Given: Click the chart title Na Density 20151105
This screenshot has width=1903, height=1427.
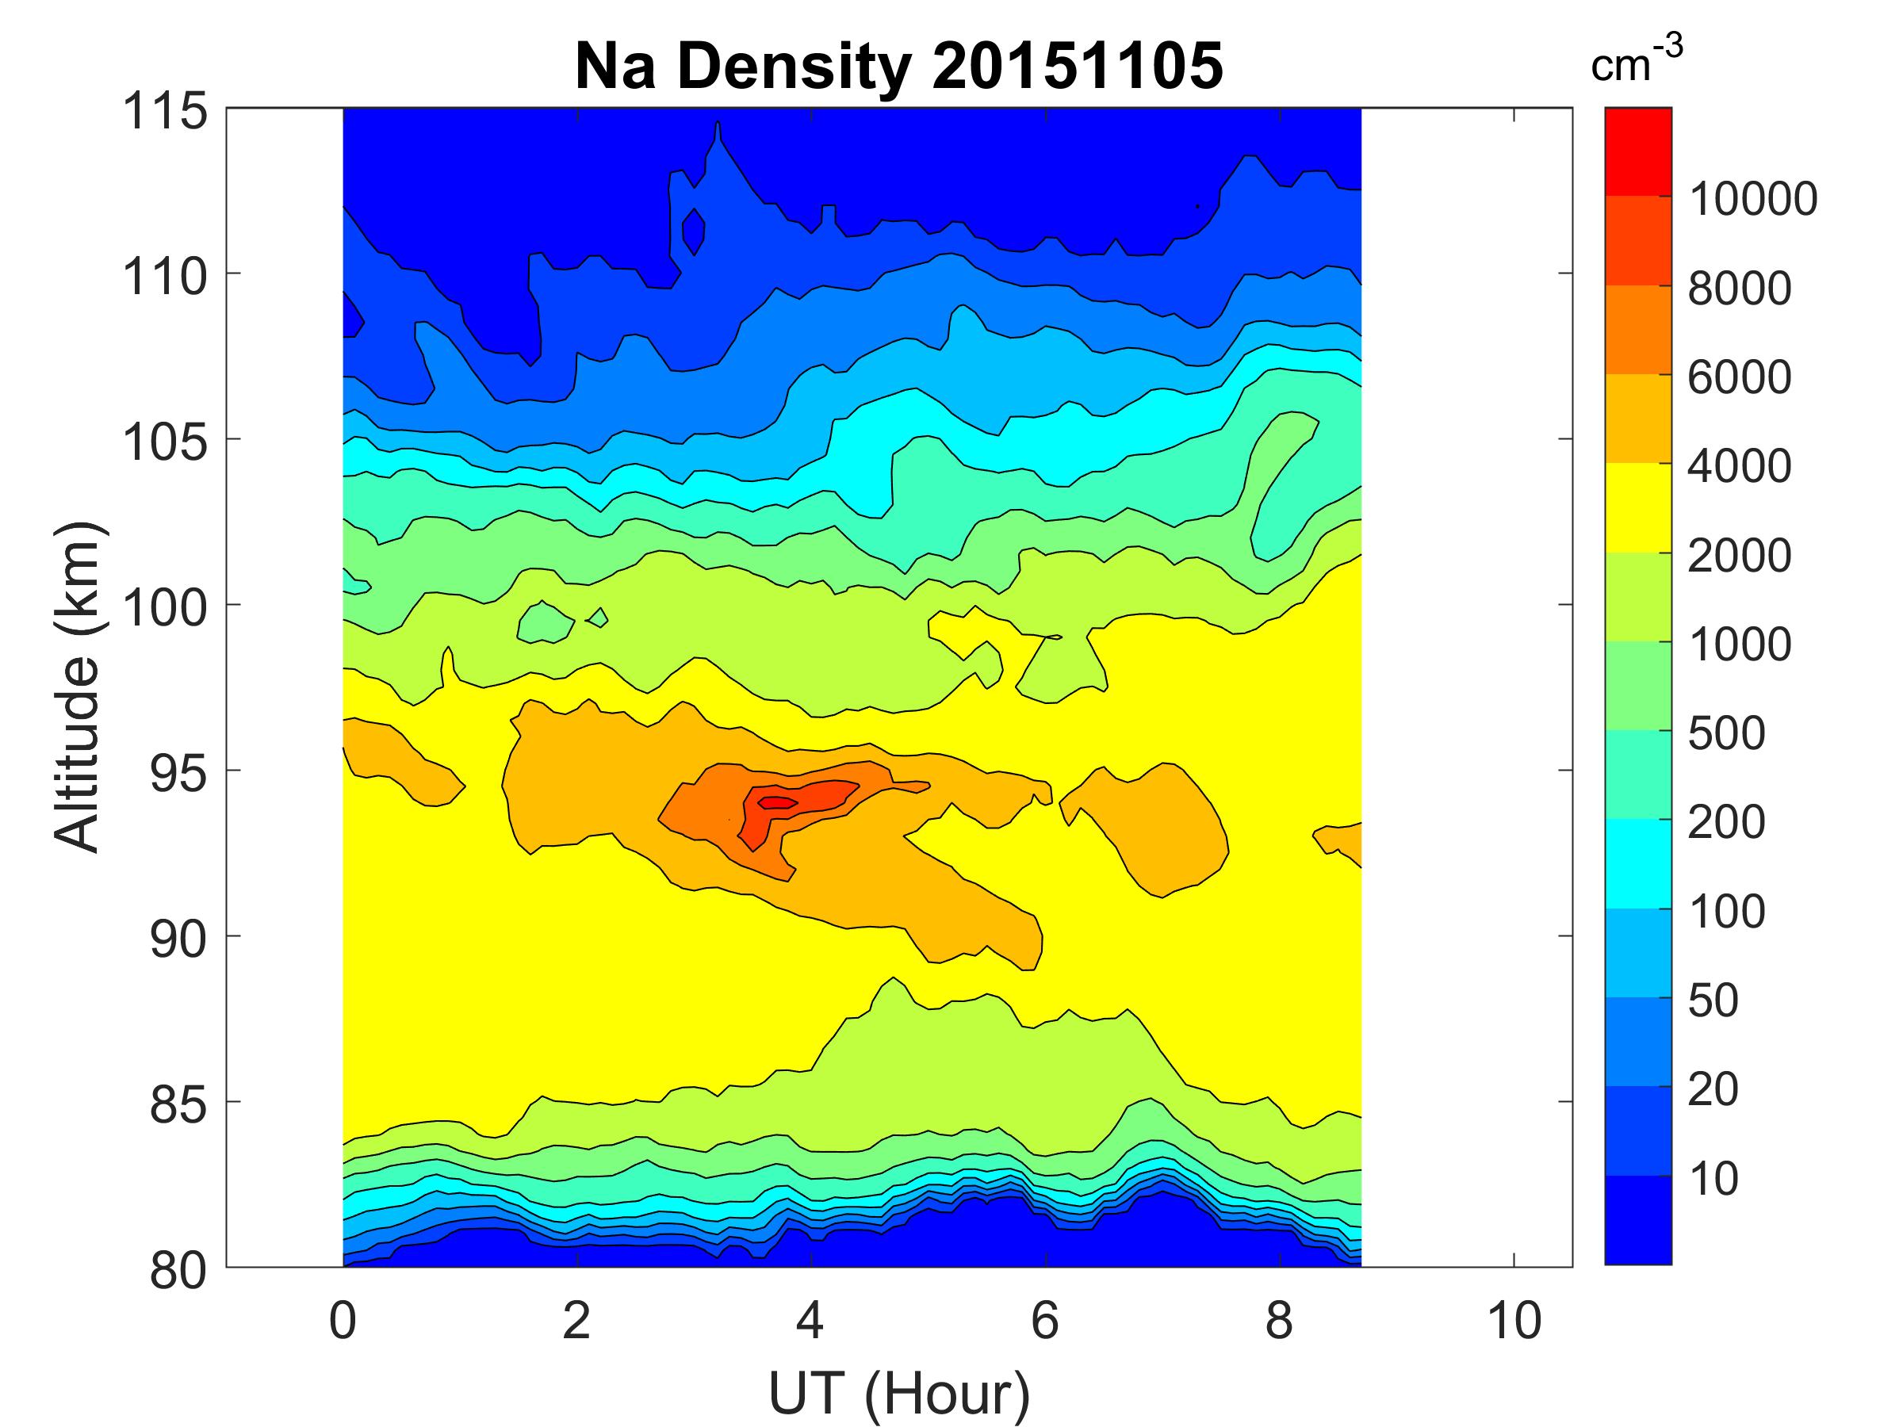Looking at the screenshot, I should (x=898, y=67).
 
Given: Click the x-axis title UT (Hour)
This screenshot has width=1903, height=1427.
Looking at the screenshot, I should (x=898, y=1394).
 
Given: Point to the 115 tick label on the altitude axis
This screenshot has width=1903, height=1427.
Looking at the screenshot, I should (x=165, y=112).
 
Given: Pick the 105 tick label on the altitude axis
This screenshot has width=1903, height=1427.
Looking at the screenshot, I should (x=165, y=442).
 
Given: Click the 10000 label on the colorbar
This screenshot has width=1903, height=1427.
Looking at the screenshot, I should (x=1752, y=200).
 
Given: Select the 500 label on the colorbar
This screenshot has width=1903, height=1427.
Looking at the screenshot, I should (x=1725, y=733).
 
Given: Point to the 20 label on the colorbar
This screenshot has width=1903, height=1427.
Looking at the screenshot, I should (x=1713, y=1090).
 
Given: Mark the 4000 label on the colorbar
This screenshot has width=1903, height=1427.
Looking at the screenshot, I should (x=1739, y=466).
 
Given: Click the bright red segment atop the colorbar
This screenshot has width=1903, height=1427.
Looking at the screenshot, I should (x=1637, y=151).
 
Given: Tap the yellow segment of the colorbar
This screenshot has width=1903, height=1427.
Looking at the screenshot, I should (x=1637, y=507).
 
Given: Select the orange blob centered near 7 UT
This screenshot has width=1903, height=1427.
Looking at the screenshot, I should (x=1157, y=826).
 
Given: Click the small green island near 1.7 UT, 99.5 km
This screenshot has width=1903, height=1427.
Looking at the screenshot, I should (x=544, y=622).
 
